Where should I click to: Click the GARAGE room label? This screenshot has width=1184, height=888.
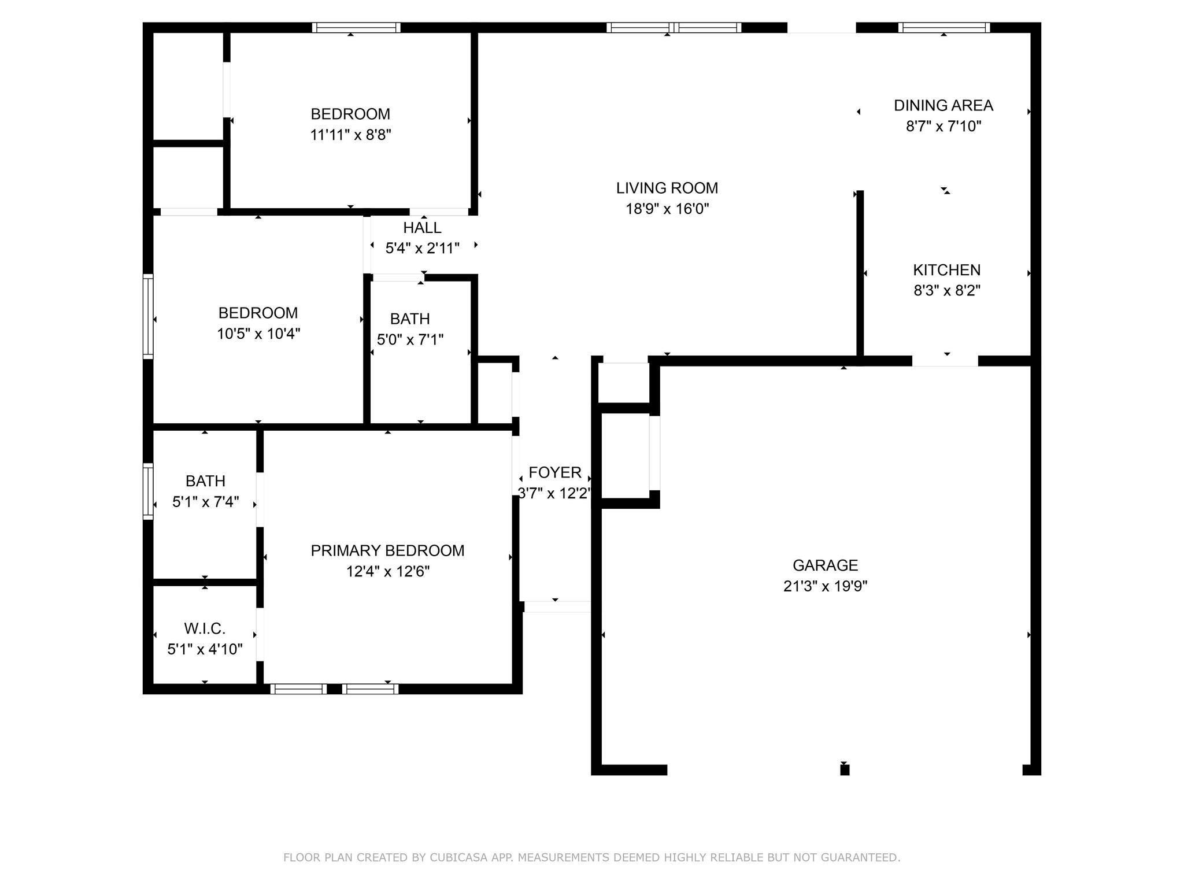[825, 565]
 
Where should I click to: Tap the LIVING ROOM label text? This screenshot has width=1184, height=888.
[667, 188]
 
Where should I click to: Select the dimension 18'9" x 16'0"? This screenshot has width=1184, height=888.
[667, 209]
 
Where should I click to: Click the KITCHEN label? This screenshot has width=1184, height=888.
[946, 270]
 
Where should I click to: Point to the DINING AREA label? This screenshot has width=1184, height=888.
[943, 105]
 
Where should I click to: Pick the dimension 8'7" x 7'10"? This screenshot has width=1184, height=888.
[943, 126]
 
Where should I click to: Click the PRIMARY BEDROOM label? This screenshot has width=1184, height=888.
[387, 550]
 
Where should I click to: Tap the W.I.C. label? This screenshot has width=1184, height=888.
[205, 628]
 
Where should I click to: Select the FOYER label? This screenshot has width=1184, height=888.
[555, 472]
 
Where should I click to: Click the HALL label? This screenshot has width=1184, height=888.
[422, 228]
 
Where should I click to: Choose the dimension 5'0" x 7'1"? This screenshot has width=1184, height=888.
[410, 339]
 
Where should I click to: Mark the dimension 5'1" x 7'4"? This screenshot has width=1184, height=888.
[205, 502]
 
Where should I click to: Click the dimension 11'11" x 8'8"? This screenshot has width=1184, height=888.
[350, 135]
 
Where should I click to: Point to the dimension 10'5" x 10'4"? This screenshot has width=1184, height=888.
[258, 334]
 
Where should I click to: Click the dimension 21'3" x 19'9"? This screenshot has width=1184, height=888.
[825, 586]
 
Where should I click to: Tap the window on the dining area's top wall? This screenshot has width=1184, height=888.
[943, 27]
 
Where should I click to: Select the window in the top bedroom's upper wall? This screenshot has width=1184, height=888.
[356, 27]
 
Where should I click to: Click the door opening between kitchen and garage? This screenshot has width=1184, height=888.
[945, 361]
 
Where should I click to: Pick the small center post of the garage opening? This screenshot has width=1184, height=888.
[845, 769]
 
